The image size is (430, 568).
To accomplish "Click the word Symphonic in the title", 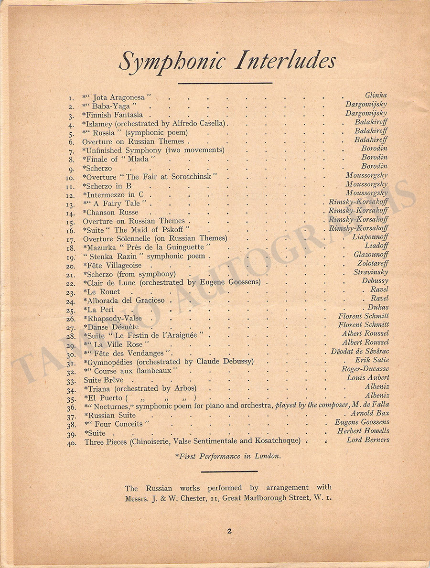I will pos(172,62).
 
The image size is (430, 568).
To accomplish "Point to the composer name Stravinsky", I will pos(371,272).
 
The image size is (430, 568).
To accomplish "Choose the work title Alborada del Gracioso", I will pos(125,300).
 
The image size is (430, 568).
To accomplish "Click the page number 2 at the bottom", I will pos(229,530).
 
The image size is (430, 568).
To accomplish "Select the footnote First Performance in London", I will pos(227,456).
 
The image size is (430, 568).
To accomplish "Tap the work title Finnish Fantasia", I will pos(114,115).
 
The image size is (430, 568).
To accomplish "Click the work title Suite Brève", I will pos(103,380).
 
